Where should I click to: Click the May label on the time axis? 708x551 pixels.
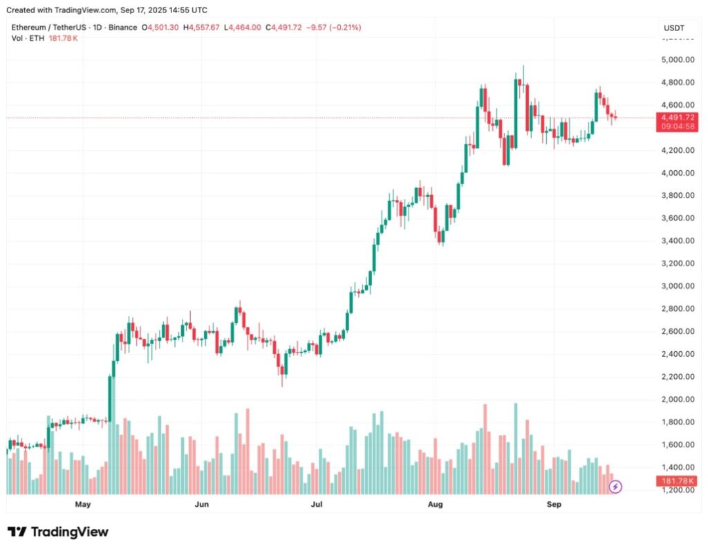coord(83,505)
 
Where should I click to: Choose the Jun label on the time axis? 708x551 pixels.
coord(202,505)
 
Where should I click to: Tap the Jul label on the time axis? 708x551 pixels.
coord(317,505)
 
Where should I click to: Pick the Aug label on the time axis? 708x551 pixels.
coord(436,505)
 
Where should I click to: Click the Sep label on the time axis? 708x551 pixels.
coord(554,505)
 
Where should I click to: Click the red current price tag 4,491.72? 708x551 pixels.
coord(678,118)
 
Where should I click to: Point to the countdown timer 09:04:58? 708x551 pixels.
coord(678,127)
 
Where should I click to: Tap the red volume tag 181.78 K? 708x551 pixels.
coord(678,480)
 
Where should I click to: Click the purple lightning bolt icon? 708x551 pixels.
coord(615,487)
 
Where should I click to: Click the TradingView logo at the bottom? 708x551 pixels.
coord(58,532)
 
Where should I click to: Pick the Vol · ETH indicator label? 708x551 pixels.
coord(28,38)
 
